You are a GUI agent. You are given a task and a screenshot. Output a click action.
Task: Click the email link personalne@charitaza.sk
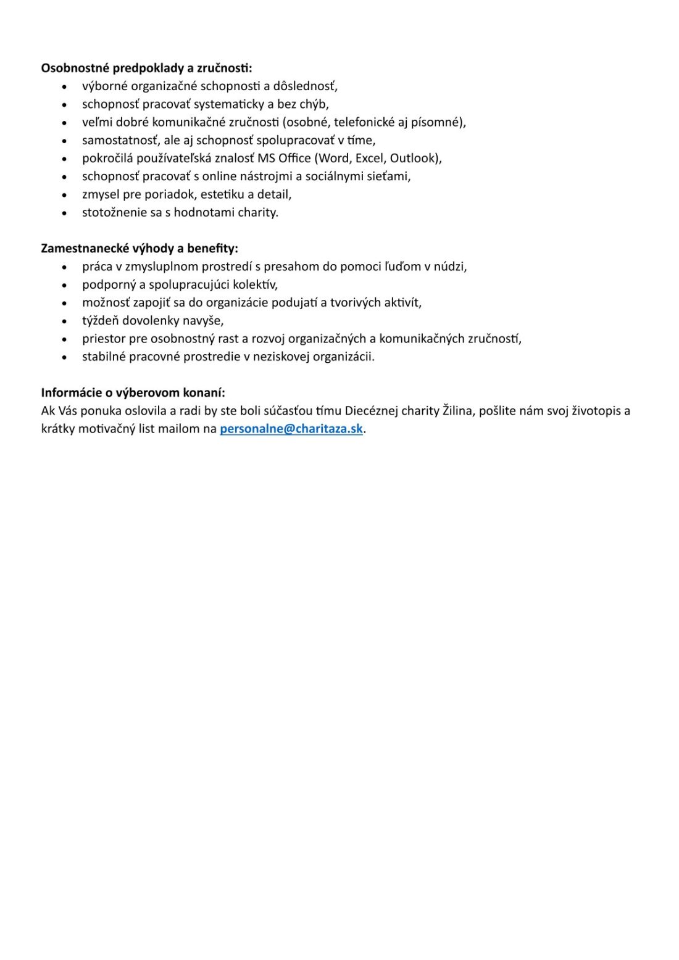pos(291,429)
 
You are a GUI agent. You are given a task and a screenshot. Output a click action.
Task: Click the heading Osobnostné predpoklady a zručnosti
pos(146,68)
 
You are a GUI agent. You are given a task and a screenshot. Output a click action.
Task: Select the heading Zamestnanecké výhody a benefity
pos(139,249)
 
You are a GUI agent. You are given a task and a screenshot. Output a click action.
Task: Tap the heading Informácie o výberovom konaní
pos(133,393)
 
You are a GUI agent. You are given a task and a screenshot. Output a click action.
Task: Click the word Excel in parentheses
pos(370,159)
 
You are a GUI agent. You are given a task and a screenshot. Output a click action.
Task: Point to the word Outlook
pos(413,159)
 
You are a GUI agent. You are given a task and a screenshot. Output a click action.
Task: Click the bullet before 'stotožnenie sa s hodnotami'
pos(64,213)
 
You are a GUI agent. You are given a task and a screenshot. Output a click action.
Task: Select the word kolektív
pos(255,285)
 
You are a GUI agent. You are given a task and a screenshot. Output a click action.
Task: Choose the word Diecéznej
pos(376,411)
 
